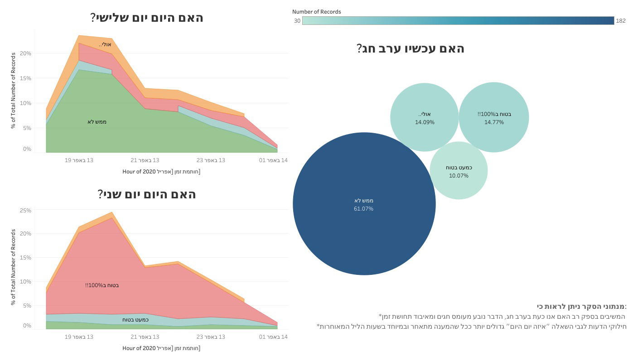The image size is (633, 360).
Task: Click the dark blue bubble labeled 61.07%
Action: pos(364,204)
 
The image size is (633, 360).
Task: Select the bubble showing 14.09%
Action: pos(425,117)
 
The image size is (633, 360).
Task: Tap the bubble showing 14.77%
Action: pos(494,117)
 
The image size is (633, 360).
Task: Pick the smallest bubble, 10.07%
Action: pos(459,171)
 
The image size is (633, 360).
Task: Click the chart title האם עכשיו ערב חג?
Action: pos(411,48)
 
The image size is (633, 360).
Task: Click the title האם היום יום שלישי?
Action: pos(147,18)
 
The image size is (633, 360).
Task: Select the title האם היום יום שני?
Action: pos(147,194)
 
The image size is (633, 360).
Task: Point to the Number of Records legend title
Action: pos(316,12)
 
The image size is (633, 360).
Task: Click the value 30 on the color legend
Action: pos(297,21)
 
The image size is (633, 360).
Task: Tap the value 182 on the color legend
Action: pos(620,21)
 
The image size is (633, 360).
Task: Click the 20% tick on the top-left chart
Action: pos(25,53)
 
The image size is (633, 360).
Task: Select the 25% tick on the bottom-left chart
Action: pos(25,211)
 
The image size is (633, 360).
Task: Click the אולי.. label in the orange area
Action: pos(105,44)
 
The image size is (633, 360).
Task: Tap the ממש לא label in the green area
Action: pos(97,122)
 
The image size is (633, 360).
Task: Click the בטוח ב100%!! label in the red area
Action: pos(102,285)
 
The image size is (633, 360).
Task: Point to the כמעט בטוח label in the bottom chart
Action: pos(135,320)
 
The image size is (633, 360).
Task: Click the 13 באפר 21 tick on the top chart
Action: pos(145,160)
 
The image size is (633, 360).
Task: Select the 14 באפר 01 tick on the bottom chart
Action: pos(273,336)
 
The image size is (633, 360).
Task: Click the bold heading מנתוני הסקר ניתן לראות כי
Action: pos(581,307)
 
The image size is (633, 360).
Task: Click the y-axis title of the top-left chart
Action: pos(14,91)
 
